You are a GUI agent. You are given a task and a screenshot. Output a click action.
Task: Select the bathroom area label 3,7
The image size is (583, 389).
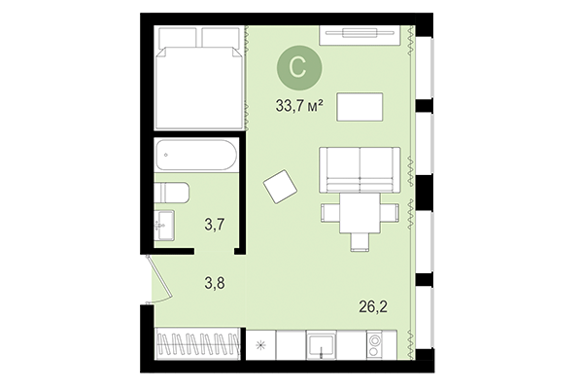[215, 226]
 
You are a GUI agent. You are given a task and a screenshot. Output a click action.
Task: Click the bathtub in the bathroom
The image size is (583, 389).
[198, 155]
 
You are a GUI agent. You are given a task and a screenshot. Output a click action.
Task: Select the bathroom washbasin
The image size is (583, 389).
[165, 224]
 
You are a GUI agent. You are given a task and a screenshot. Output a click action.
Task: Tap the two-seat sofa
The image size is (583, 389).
[359, 170]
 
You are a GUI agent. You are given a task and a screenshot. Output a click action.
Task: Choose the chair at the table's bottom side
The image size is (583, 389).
[359, 239]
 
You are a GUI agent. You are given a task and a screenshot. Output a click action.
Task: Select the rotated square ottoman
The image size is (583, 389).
[282, 186]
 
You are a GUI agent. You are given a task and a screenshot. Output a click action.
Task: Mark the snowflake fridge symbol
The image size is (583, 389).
[260, 344]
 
